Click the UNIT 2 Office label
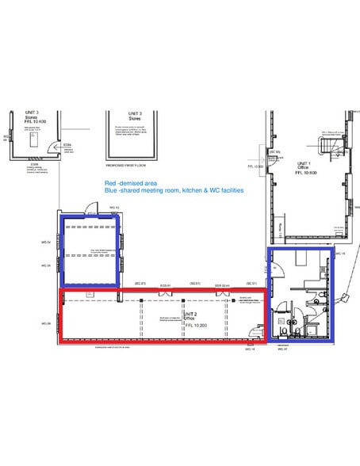tap(190, 315)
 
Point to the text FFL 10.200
tap(195, 325)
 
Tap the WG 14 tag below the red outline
tap(249, 349)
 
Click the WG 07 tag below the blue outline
tap(281, 349)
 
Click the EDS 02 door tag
tap(224, 283)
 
